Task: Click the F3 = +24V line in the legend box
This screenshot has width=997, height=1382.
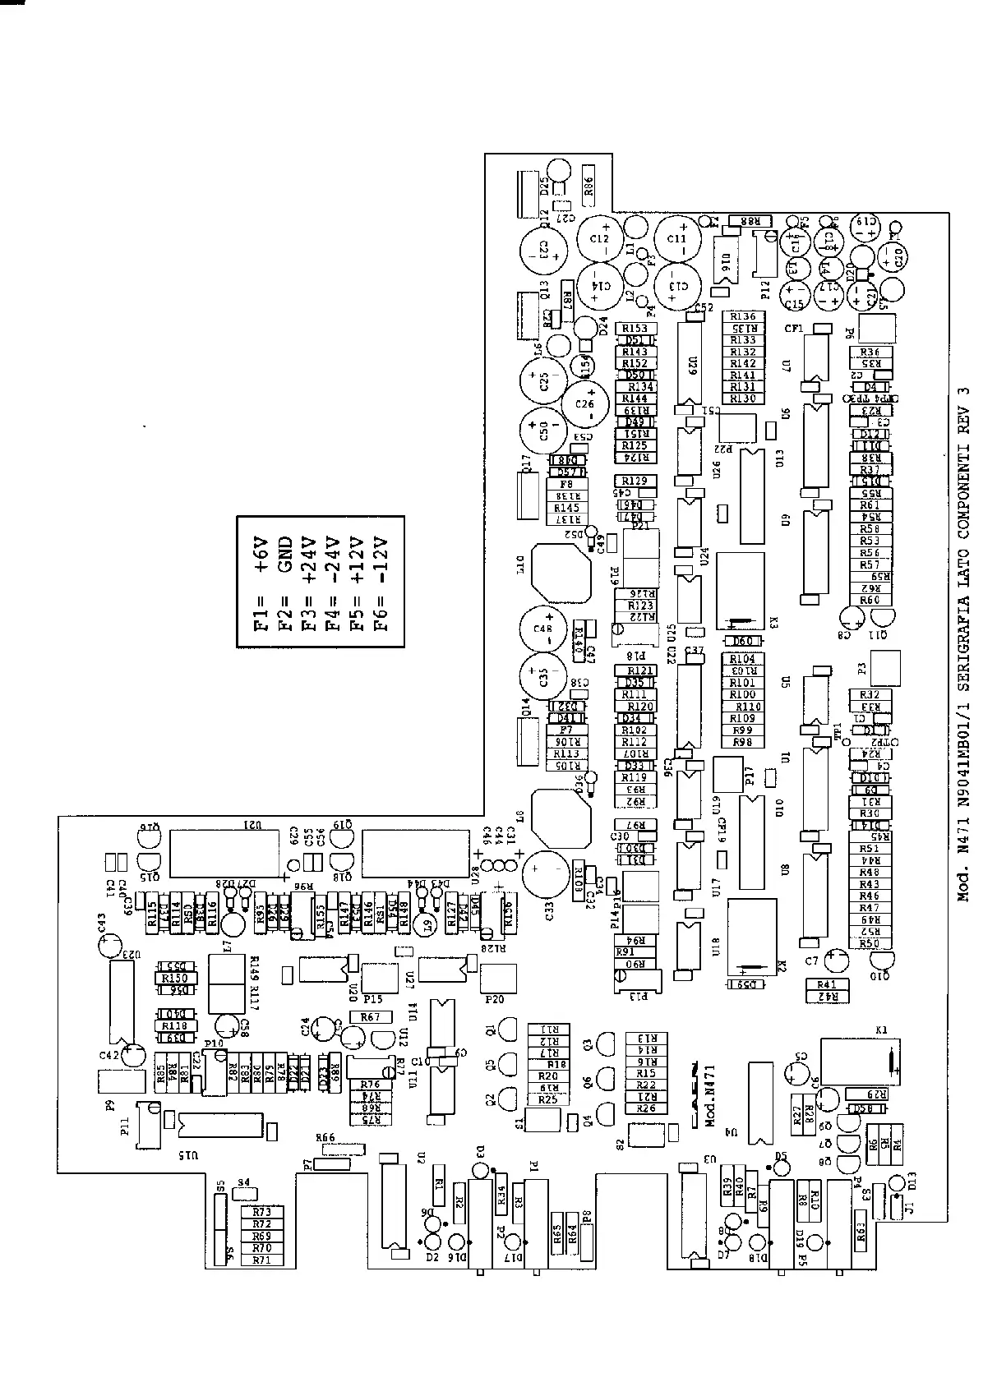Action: pyautogui.click(x=308, y=583)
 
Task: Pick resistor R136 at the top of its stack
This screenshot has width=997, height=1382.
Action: pyautogui.click(x=742, y=316)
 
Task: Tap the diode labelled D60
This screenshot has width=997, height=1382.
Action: pyautogui.click(x=742, y=641)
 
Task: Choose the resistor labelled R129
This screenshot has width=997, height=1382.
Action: pyautogui.click(x=635, y=481)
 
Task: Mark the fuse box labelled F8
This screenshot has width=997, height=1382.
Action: pyautogui.click(x=566, y=485)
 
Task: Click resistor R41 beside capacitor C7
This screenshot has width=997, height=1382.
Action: pyautogui.click(x=827, y=984)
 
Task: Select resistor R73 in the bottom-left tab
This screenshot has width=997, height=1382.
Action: pyautogui.click(x=261, y=1212)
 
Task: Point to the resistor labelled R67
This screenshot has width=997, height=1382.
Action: pyautogui.click(x=370, y=1016)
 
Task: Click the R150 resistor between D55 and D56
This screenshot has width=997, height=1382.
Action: pyautogui.click(x=174, y=979)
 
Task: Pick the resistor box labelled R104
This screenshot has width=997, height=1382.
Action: pyautogui.click(x=742, y=659)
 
